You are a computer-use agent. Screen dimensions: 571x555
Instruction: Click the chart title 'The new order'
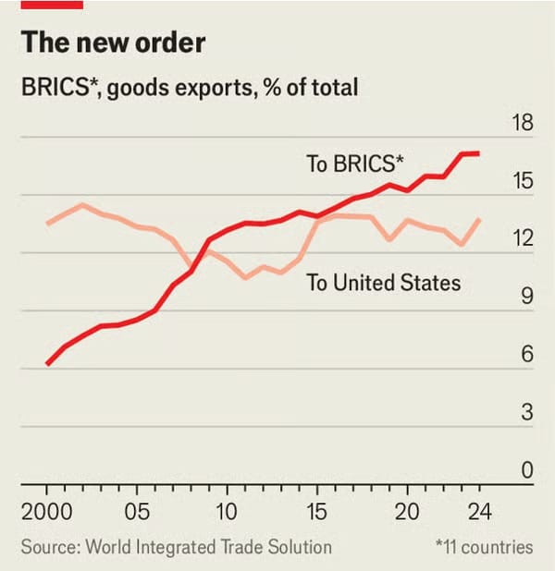click(x=113, y=43)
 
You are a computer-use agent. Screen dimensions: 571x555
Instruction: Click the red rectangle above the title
click(x=52, y=5)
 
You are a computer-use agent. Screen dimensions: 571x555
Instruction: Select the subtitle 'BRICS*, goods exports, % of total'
click(x=190, y=89)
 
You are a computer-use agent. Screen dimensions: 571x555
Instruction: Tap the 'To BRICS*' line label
click(x=355, y=164)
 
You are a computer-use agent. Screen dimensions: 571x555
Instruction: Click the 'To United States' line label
click(x=384, y=283)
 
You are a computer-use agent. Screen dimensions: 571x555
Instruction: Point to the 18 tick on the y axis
click(x=523, y=124)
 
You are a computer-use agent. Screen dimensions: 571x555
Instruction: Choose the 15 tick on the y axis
click(x=523, y=181)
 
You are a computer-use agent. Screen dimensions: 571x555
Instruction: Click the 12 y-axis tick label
click(x=523, y=238)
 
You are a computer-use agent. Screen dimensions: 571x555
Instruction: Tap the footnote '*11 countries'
click(x=483, y=547)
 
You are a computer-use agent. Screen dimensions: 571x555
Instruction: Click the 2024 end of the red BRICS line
click(x=477, y=153)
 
